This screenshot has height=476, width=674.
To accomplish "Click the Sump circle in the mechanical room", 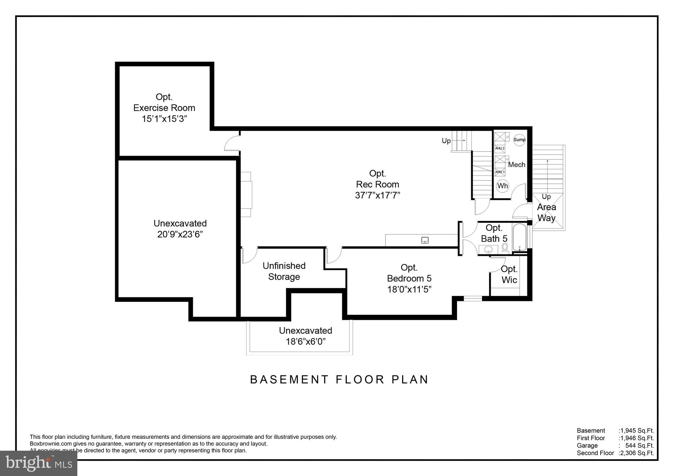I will click(519, 140).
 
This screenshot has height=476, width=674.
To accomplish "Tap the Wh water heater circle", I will click(503, 186).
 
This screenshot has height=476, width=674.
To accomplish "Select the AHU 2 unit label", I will click(500, 148).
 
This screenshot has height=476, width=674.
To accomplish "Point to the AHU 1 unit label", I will click(500, 172).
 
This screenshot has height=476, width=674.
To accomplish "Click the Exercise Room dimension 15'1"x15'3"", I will click(164, 119).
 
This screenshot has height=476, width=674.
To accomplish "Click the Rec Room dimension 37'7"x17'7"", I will click(377, 195).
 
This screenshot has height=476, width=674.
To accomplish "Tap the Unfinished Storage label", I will click(284, 271).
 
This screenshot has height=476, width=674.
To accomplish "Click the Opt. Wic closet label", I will click(509, 274).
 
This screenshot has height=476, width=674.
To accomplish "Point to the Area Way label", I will click(546, 212).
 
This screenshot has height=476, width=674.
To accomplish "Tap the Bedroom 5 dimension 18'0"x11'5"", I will click(409, 289).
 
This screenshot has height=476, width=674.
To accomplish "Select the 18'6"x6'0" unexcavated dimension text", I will click(305, 342).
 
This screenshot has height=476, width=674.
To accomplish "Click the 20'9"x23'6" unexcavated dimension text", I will click(180, 234).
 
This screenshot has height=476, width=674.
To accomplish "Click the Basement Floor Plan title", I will click(339, 379).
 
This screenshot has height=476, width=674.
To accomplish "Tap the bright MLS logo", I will click(39, 463).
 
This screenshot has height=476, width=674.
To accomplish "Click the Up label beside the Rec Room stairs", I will click(446, 141).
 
